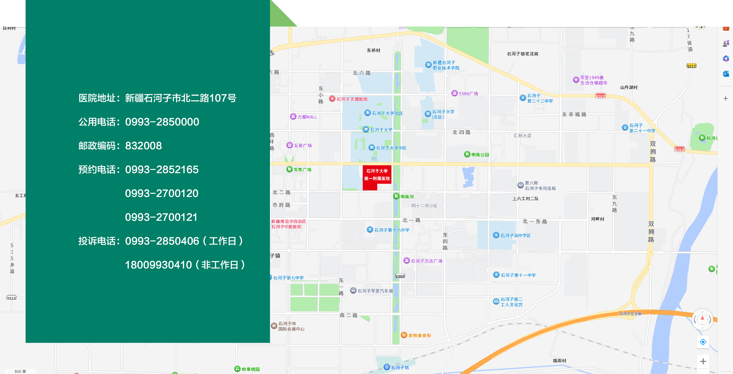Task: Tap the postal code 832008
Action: (x=143, y=146)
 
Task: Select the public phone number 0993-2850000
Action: (x=162, y=122)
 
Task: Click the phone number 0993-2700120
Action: (x=162, y=193)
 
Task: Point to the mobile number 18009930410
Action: (x=158, y=265)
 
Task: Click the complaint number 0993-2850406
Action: (x=162, y=241)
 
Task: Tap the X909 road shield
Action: (x=400, y=276)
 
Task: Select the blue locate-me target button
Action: (x=703, y=342)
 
